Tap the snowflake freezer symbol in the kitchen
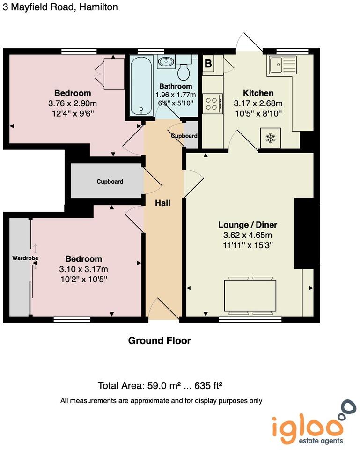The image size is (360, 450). tap(270, 138)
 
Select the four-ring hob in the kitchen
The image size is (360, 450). tap(213, 104)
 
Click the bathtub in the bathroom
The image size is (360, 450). tap(141, 85)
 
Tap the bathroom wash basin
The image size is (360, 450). tap(165, 61)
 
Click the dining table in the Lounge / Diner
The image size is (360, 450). tap(250, 296)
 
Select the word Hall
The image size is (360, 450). tap(163, 203)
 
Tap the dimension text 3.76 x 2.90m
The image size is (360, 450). tap(72, 103)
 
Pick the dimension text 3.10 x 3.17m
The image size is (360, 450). tap(83, 269)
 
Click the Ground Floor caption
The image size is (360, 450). tap(159, 341)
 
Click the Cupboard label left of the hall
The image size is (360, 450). tap(110, 181)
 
